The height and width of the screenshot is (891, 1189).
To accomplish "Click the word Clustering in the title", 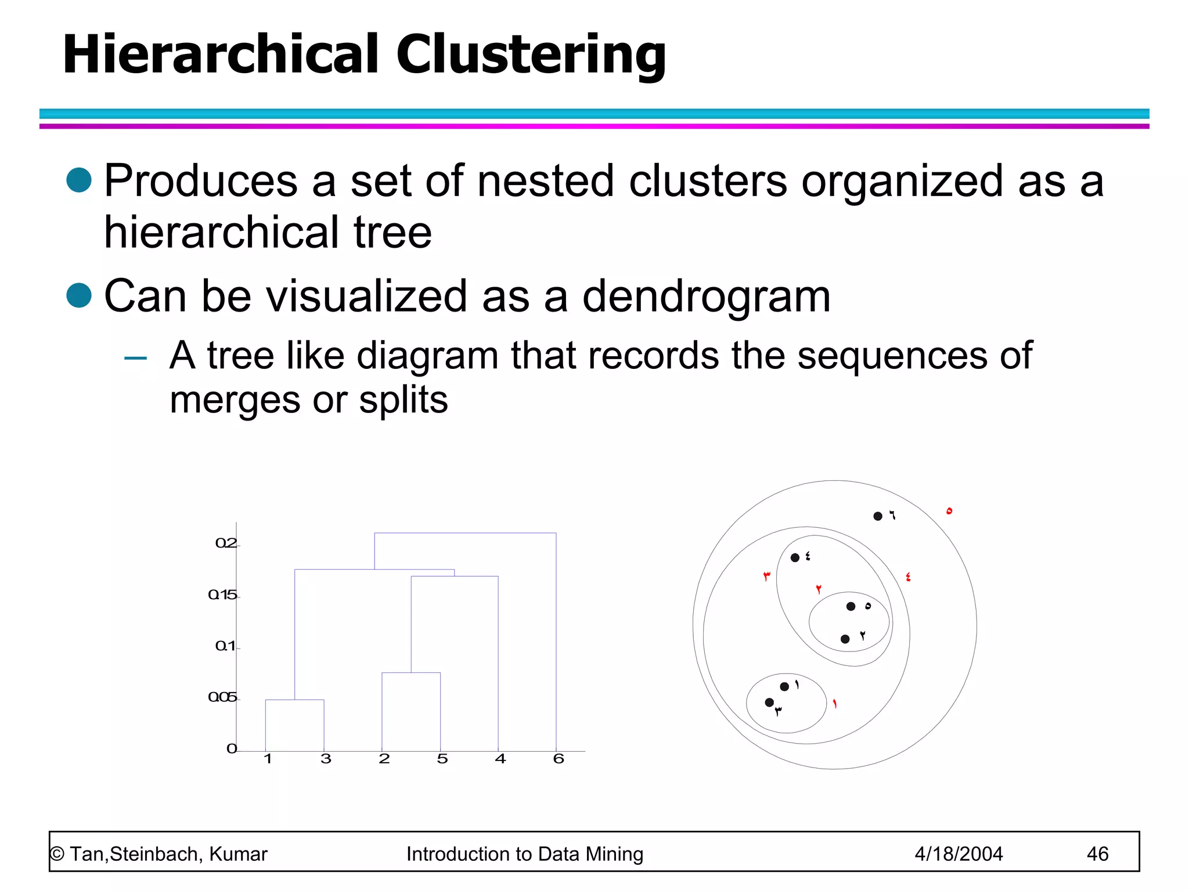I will pyautogui.click(x=531, y=56).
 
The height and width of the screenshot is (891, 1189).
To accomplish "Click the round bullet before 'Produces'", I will pyautogui.click(x=79, y=180).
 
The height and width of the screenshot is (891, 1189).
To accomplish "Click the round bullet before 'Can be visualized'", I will pyautogui.click(x=79, y=295).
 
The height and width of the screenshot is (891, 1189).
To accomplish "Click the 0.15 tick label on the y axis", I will pyautogui.click(x=222, y=595).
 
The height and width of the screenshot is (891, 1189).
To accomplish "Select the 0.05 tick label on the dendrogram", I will pyautogui.click(x=222, y=697).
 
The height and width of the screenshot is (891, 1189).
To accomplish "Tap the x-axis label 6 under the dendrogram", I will pyautogui.click(x=559, y=759).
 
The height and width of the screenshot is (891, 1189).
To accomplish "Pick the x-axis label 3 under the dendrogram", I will pyautogui.click(x=326, y=759).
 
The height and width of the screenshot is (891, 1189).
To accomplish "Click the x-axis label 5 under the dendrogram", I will pyautogui.click(x=442, y=759).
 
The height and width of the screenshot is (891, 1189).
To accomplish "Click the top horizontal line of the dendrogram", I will pyautogui.click(x=464, y=533).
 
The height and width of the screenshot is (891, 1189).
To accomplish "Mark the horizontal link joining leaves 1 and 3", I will pyautogui.click(x=294, y=700).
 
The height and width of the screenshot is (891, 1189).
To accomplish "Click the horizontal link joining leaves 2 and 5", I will pyautogui.click(x=410, y=673).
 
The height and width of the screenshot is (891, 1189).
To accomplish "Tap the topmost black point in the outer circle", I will pyautogui.click(x=878, y=516).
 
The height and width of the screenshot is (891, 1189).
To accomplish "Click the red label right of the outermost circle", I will pyautogui.click(x=949, y=511).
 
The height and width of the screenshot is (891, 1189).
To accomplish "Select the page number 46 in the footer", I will pyautogui.click(x=1097, y=854).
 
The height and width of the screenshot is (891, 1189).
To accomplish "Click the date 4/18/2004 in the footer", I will pyautogui.click(x=959, y=854).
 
